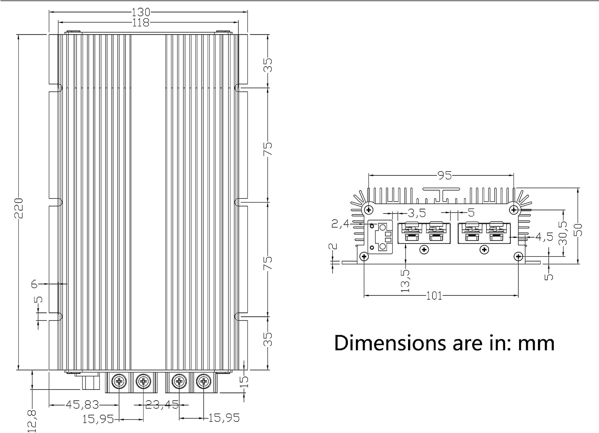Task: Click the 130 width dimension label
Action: pos(141,12)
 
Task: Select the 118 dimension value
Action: pos(141,23)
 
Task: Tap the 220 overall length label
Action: pos(18,208)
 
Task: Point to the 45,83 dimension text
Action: pos(82,405)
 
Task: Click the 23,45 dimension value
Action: pos(162,405)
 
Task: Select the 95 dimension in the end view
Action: pos(444,175)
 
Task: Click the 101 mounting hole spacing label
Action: pos(434,295)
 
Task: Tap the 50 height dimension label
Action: pos(578,230)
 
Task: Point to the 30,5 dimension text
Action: pos(563,233)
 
